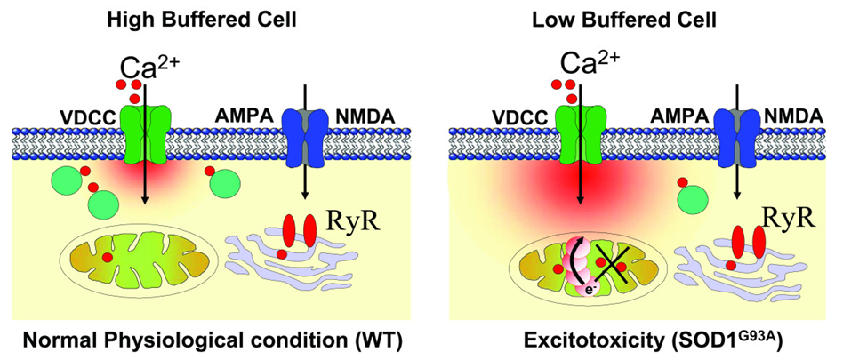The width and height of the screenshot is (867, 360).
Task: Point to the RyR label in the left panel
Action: tap(355, 217)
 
